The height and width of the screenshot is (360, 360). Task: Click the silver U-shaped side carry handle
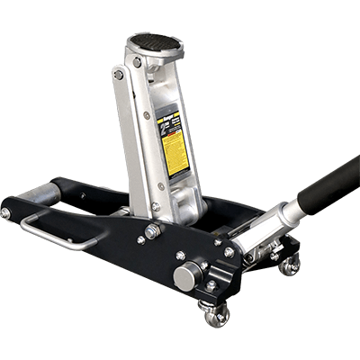point(54,230)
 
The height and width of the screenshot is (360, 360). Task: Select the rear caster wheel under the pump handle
point(289,265)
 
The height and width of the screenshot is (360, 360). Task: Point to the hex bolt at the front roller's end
point(6,213)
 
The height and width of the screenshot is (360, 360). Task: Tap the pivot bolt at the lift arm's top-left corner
point(119,76)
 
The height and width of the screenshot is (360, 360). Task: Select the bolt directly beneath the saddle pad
point(138,63)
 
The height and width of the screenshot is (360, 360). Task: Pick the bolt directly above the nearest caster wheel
point(211,285)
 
